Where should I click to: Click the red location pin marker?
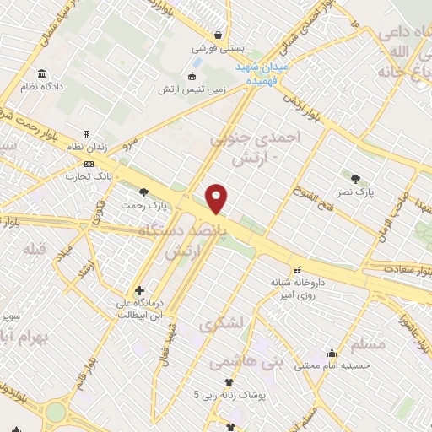[218, 199]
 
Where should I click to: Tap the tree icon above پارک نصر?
[355, 178]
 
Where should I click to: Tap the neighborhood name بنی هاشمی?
[229, 362]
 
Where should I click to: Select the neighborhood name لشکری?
[221, 323]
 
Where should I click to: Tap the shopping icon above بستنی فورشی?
[219, 36]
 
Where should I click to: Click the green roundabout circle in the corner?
[56, 412]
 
